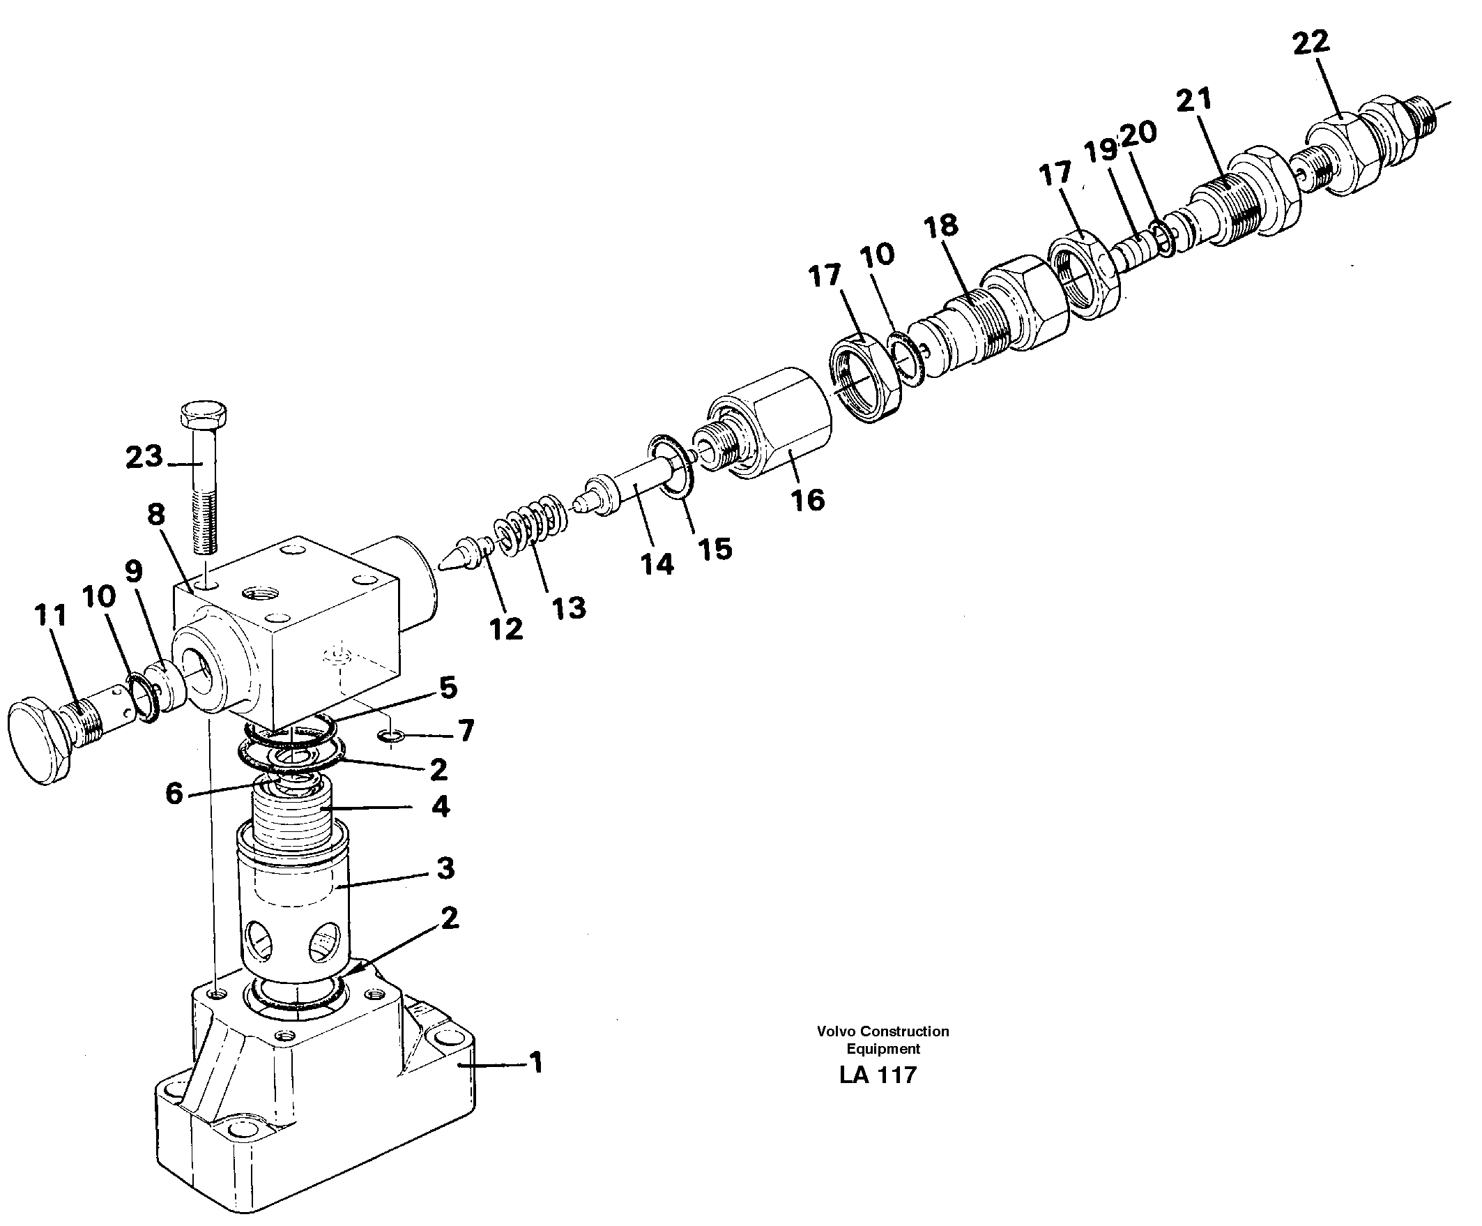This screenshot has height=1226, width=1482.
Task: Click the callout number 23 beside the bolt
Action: pos(144,457)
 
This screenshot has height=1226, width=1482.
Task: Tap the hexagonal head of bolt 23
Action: pos(204,414)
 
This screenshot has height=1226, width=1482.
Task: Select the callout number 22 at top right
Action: pos(1311,43)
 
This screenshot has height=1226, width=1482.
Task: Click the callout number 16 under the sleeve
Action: pos(807,500)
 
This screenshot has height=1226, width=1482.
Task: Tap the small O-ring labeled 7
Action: pos(391,737)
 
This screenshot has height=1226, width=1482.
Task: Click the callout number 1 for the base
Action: pos(536,1061)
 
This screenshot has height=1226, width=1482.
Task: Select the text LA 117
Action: pos(877,1075)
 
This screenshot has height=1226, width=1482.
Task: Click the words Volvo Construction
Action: pos(882,1031)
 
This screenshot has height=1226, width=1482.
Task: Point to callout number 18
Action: pos(941,226)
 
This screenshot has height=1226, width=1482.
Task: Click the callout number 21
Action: pos(1193,100)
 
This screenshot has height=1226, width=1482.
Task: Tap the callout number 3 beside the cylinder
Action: pos(445,868)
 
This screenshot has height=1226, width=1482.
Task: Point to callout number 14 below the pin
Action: pos(657,563)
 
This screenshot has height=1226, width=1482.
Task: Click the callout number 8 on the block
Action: pos(156,514)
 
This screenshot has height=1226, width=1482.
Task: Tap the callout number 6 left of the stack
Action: pos(174,794)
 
